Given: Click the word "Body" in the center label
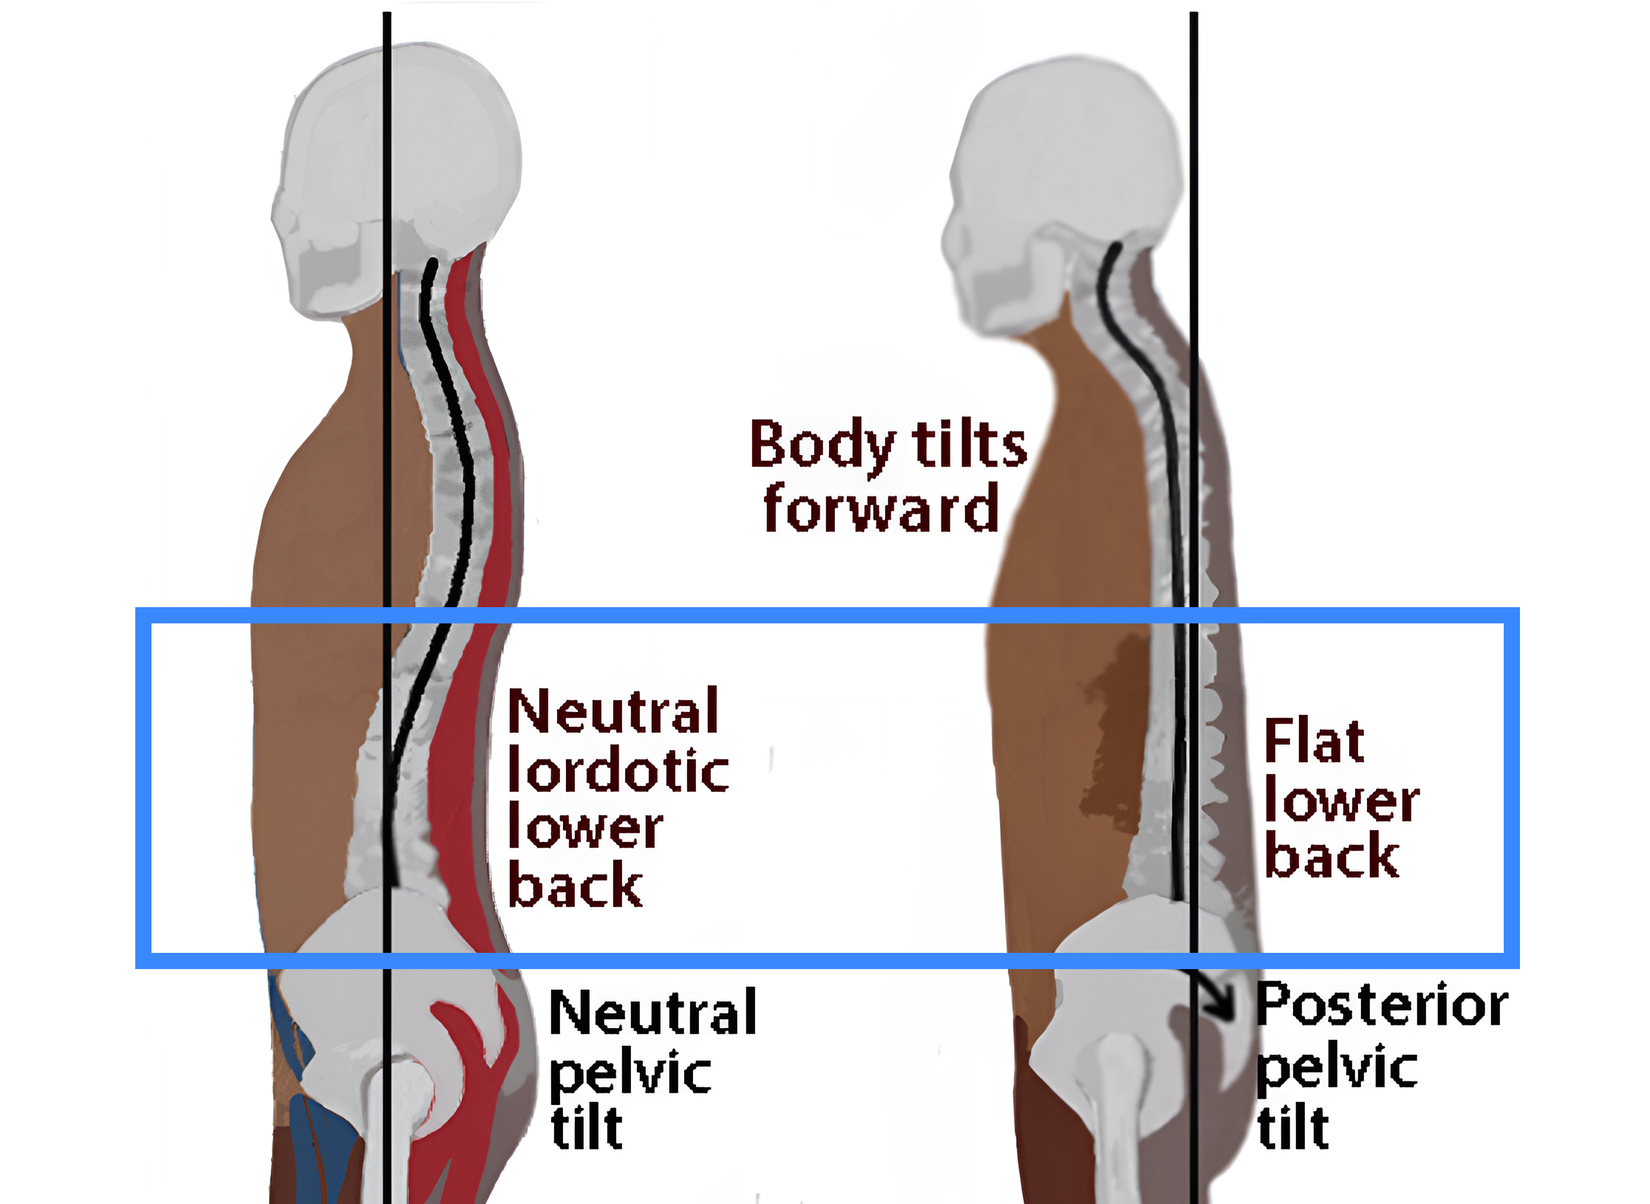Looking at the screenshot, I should [x=822, y=445].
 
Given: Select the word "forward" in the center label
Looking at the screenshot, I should [x=881, y=508].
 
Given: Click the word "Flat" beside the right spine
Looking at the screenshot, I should [x=1314, y=740].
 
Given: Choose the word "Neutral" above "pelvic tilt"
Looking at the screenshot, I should [x=653, y=1013].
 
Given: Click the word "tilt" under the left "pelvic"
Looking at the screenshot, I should [x=587, y=1128].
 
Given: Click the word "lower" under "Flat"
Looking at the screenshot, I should [x=1341, y=801].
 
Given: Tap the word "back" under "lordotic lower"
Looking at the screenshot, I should [x=575, y=886].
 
